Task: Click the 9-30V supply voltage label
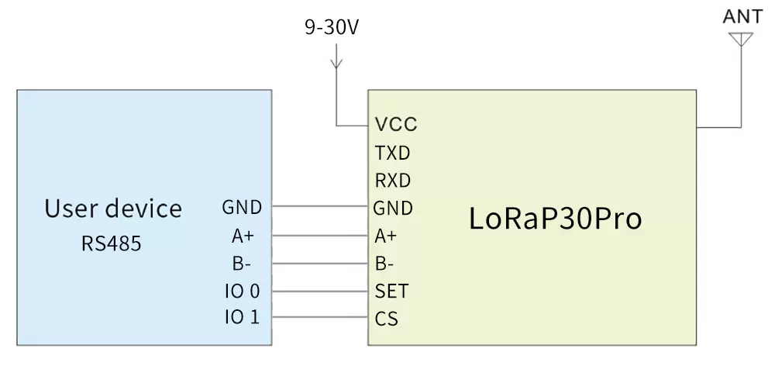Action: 332,29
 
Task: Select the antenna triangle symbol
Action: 742,38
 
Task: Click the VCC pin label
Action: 395,125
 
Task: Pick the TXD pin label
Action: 392,153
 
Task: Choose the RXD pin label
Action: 392,181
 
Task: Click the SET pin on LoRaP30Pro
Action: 391,291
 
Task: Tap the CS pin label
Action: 387,319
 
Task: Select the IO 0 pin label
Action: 242,291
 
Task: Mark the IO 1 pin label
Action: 242,317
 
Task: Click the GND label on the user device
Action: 242,207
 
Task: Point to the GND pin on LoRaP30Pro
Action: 393,208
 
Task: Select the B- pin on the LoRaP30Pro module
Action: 385,264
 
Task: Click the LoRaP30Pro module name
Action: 555,219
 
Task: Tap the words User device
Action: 113,209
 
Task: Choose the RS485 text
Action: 112,243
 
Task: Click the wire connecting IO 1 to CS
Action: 320,318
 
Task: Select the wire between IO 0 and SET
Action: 320,291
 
